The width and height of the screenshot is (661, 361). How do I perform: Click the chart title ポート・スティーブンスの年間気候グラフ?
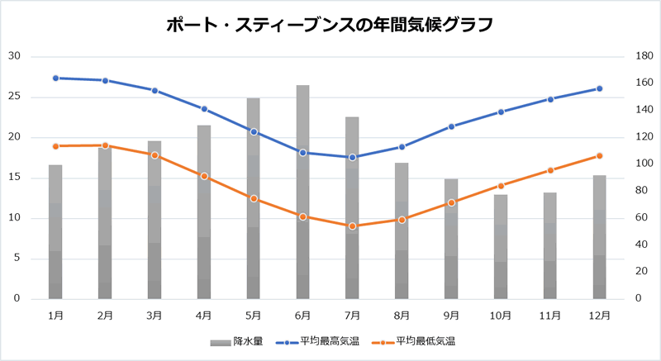330,24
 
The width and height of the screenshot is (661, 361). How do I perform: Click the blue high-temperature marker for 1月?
55,78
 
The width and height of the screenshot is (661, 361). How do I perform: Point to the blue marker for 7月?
352,157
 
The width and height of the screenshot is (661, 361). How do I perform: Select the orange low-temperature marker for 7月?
352,226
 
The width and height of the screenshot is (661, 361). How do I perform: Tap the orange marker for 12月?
600,156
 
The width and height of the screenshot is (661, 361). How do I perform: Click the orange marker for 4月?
204,176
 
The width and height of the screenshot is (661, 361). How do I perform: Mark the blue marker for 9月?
451,126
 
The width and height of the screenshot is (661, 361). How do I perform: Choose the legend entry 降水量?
236,341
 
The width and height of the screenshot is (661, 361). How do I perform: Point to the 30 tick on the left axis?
14,56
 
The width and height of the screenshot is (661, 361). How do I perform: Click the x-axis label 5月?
253,315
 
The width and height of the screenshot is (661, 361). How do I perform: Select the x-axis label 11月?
550,315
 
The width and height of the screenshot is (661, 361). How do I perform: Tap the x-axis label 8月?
402,315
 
